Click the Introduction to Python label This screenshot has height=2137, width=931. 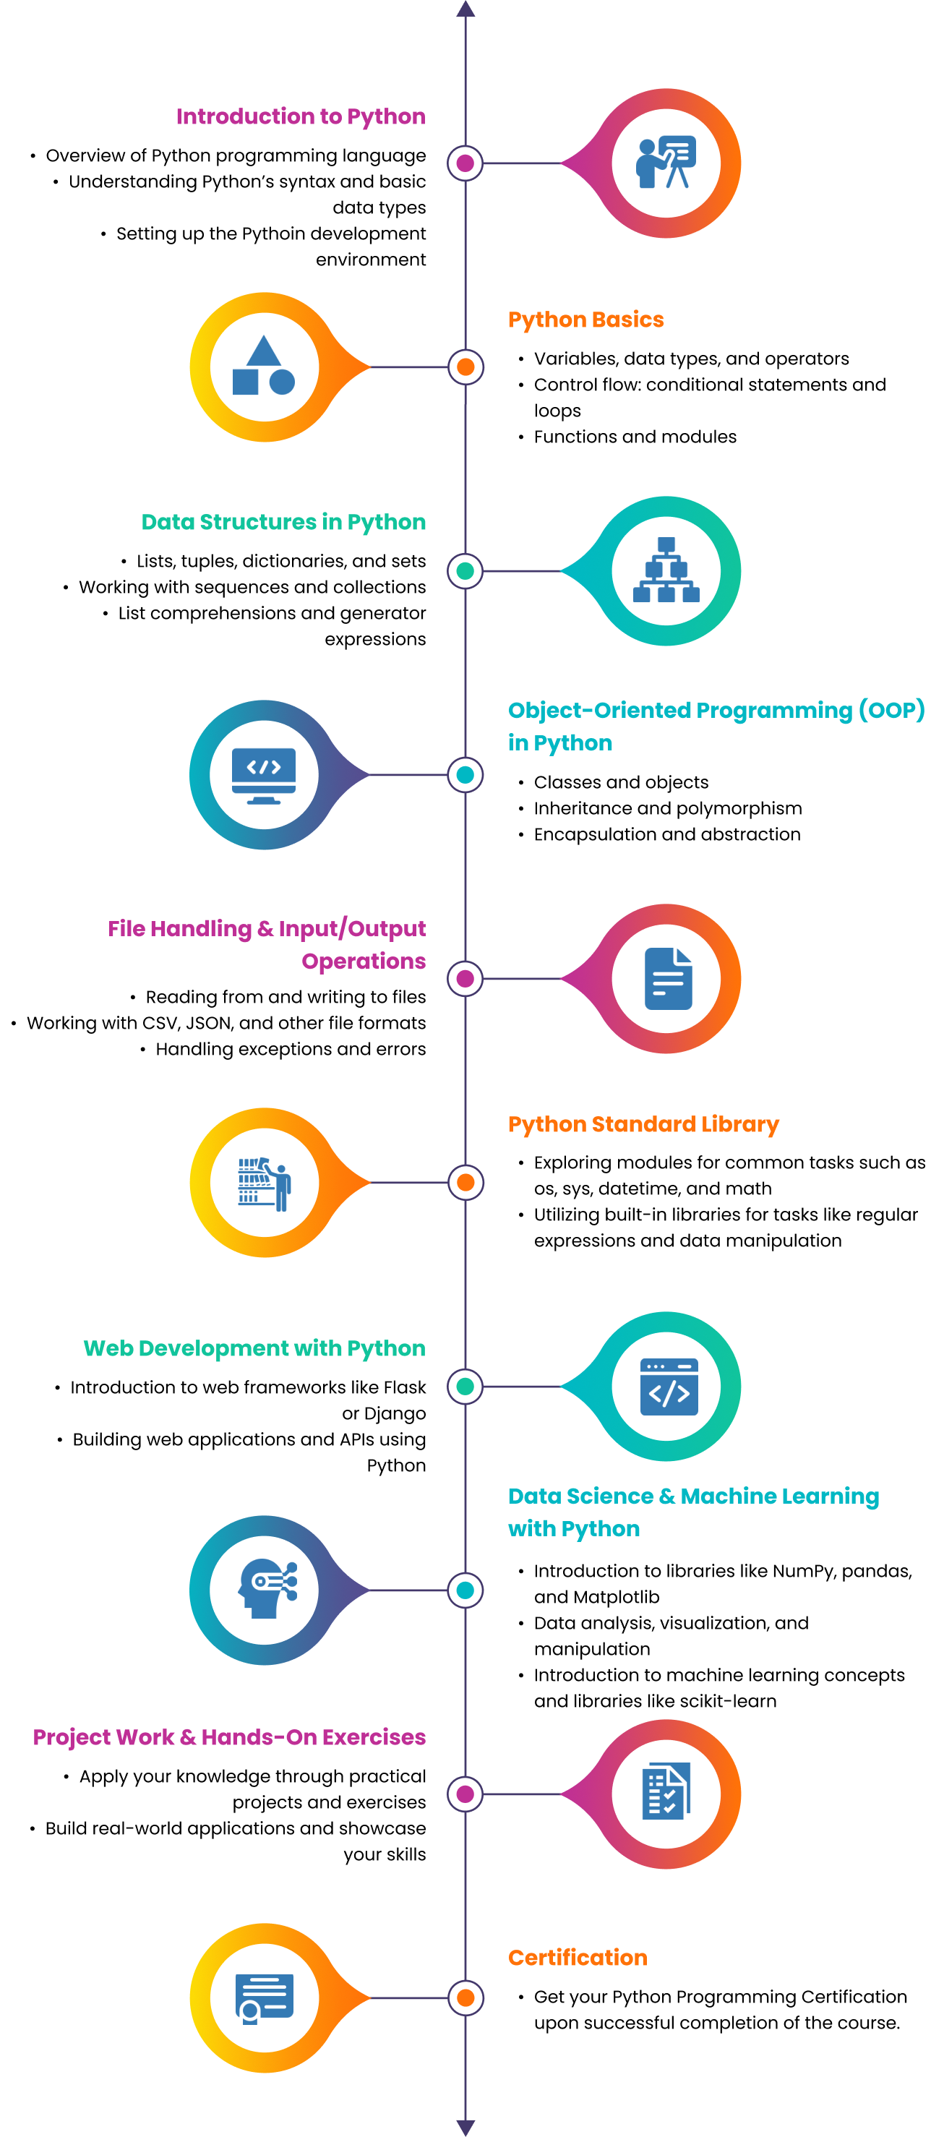tap(301, 117)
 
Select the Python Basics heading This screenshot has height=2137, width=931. tap(585, 320)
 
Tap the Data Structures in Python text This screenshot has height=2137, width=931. tap(284, 523)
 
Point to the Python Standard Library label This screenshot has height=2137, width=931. tap(643, 1125)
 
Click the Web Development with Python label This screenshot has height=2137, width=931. tap(254, 1349)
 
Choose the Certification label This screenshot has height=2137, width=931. tap(578, 1958)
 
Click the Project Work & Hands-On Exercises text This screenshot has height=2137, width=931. tap(230, 1737)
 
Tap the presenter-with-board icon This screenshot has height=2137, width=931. tap(666, 163)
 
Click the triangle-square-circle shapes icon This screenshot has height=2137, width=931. tap(264, 367)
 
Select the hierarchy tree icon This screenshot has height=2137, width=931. tap(666, 570)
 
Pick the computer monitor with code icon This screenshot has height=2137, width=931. tap(264, 775)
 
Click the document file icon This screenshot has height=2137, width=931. tap(668, 979)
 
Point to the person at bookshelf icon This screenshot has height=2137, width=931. tap(265, 1183)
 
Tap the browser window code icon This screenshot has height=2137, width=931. tap(669, 1386)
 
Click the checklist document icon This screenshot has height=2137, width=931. tap(666, 1794)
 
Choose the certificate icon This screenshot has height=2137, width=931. tap(264, 1997)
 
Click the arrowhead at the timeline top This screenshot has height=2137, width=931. tap(465, 9)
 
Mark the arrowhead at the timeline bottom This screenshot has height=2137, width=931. tap(465, 2127)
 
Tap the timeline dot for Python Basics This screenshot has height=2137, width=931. tap(465, 367)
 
